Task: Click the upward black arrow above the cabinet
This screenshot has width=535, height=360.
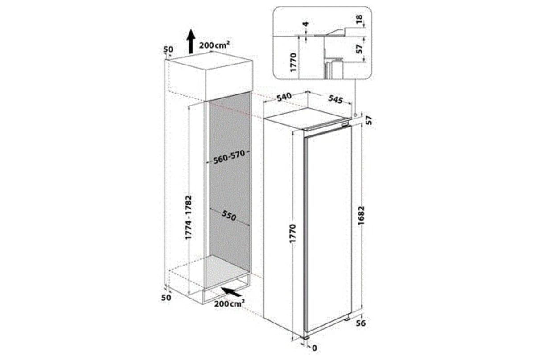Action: pos(190,41)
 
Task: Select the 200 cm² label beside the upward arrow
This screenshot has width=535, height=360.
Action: pos(214,45)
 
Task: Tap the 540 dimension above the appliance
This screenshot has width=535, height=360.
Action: pos(284,96)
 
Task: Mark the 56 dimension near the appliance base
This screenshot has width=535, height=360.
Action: pos(361,323)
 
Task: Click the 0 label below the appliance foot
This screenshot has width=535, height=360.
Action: pos(315,348)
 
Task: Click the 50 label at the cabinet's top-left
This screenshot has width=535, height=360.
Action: pos(167,49)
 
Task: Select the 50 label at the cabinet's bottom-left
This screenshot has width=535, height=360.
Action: pos(166,297)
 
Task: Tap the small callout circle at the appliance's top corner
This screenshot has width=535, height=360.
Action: pos(355,115)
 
